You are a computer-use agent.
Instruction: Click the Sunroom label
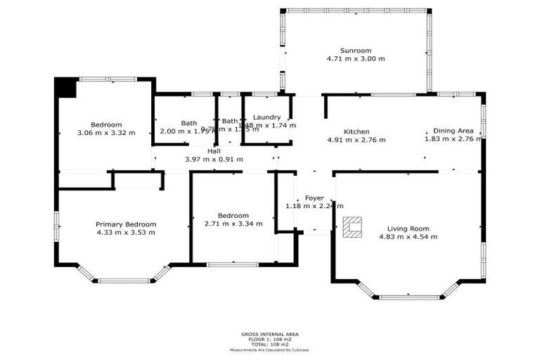355,51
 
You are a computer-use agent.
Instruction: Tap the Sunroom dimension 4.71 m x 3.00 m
355,59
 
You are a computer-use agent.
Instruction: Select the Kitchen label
356,131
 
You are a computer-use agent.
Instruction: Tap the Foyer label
314,198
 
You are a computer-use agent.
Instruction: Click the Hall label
214,150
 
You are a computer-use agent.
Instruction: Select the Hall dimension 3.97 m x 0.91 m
214,159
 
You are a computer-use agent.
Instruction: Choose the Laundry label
267,117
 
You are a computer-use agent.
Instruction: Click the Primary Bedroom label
126,224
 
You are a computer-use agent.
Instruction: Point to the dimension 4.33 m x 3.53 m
126,232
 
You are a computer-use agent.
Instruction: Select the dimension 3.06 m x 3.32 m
105,132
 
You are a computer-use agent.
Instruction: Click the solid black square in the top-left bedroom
66,88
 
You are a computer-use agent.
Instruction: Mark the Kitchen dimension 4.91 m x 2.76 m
356,140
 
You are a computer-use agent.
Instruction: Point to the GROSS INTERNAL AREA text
269,335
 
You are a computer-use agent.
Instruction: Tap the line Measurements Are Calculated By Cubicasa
269,349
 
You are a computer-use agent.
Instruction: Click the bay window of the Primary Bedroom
124,280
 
